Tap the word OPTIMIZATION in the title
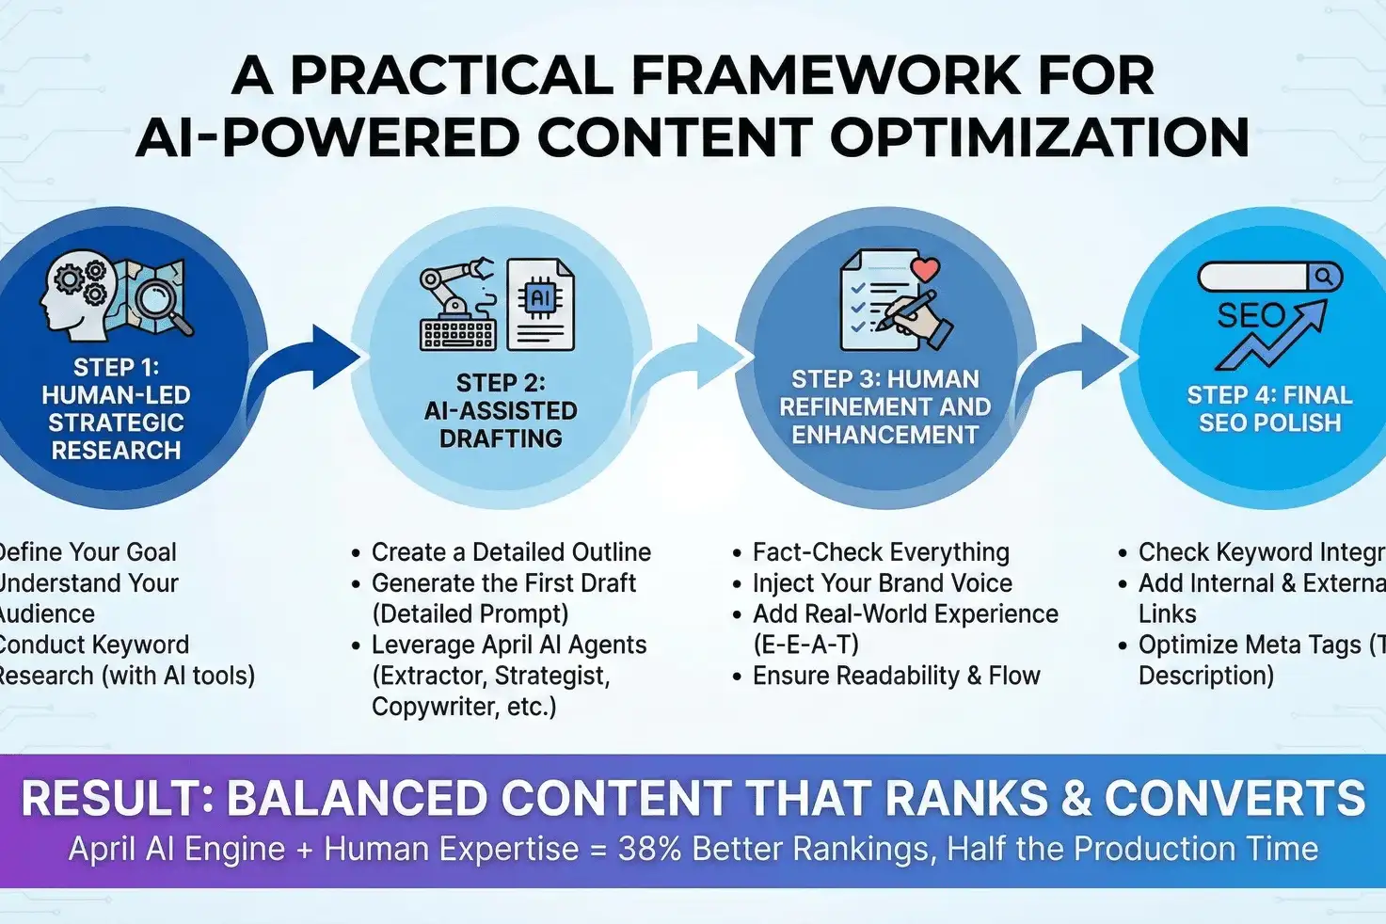coord(1039,137)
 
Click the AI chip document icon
coord(540,305)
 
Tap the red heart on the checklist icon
coord(926,269)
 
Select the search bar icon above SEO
coord(1269,277)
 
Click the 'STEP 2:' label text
coord(501,383)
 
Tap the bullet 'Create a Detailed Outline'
coord(511,552)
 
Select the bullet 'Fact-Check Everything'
coord(881,552)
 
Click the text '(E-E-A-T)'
coord(805,645)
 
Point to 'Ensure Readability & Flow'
coord(896,676)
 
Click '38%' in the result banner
coord(649,849)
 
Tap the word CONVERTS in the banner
coord(1235,799)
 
